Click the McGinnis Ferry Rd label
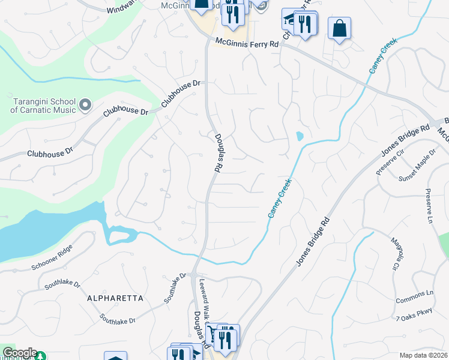tap(249, 44)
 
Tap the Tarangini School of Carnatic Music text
tap(43, 106)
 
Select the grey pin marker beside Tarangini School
tap(85, 105)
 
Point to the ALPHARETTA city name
tap(115, 298)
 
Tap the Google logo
tap(19, 353)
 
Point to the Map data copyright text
tap(424, 355)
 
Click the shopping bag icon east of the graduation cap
tap(339, 28)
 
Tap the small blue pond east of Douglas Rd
tap(300, 136)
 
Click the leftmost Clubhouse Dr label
tap(49, 153)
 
